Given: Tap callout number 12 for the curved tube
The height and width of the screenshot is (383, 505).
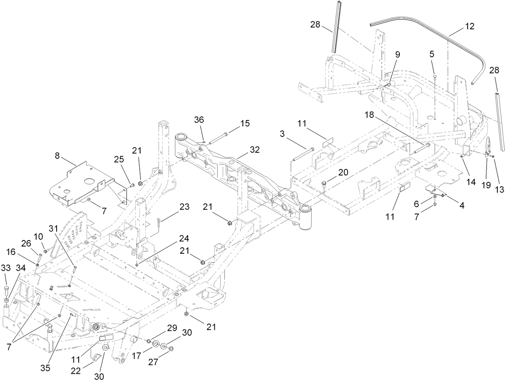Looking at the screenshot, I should pos(469,26).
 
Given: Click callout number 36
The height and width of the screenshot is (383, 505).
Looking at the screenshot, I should pos(199,120).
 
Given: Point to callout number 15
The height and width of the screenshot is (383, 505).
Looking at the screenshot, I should pos(245,123).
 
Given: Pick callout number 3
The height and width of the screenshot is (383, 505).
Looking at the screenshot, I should pos(283,134).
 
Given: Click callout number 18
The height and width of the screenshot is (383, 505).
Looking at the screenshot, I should pos(369,115).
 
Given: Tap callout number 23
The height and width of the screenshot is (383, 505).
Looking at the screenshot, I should pos(184,207).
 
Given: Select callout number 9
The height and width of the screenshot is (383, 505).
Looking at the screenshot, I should pos(397,54).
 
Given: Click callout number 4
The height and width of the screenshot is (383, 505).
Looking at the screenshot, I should pos(462,205).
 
